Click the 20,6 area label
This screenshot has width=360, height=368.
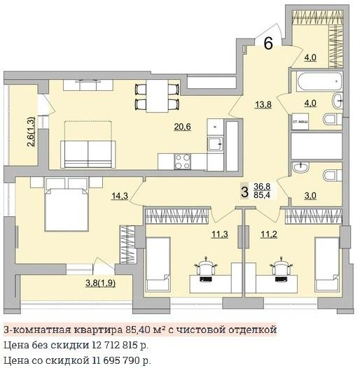182,127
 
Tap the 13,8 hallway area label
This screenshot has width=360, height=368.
263,104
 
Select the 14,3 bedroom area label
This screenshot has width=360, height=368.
120,196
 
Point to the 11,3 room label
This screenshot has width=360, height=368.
220,234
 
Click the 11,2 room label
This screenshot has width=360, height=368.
269,234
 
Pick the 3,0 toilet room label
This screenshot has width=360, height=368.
310,196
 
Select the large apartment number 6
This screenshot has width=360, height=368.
268,43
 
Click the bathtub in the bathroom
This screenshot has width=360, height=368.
320,81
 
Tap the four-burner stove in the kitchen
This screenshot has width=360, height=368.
182,162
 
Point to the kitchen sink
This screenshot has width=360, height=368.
215,143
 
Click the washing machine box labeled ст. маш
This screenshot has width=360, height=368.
300,121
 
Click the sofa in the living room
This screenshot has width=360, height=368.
88,154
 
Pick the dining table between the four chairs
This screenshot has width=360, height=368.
157,96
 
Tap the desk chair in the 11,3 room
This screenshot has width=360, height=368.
206,267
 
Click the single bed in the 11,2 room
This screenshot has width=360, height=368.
327,264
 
